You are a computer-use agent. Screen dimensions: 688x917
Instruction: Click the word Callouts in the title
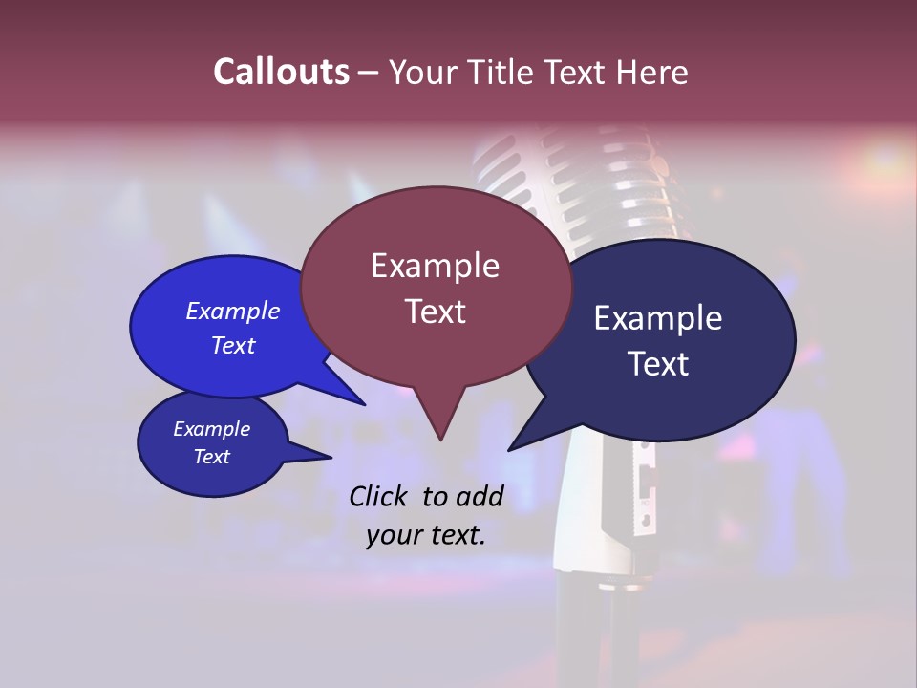281,72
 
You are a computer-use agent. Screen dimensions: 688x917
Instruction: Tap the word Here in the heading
651,72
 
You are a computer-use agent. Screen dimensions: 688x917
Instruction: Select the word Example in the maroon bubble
435,266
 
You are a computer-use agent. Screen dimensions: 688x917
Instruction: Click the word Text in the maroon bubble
435,312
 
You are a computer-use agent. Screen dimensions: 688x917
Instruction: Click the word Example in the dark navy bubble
658,318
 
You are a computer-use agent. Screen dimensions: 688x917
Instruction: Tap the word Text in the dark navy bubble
658,364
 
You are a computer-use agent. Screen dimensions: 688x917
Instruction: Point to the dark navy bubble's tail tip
510,449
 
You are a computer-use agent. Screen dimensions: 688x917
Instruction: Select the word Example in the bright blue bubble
233,311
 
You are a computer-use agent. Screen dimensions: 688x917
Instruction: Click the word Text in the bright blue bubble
233,345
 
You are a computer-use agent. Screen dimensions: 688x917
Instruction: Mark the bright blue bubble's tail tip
364,404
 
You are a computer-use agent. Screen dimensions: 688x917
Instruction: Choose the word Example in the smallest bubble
212,429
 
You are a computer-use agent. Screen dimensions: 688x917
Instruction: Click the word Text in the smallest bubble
212,457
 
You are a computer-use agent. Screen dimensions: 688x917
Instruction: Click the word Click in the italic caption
379,496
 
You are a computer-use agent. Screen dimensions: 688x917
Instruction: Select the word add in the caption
480,496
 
